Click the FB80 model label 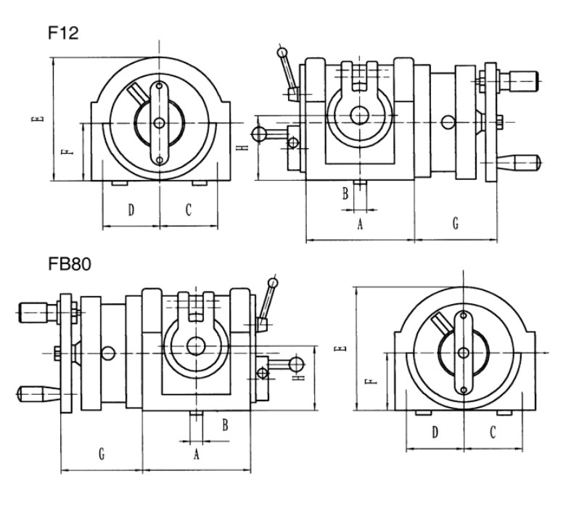point(70,264)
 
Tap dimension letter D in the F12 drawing point(131,210)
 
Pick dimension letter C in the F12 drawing point(188,210)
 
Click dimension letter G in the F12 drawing point(455,223)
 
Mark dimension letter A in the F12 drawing point(359,225)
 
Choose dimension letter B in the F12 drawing point(345,192)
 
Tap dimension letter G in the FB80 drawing point(102,454)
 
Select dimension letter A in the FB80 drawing point(195,455)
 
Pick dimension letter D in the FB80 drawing point(435,432)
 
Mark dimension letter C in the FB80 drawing point(492,432)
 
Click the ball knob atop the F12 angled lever point(282,52)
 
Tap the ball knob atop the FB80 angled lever point(273,282)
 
